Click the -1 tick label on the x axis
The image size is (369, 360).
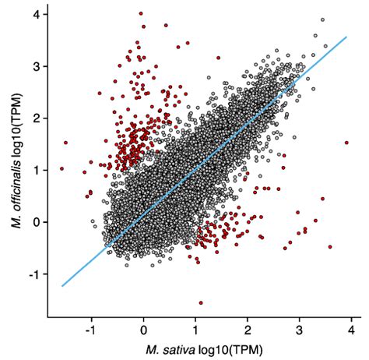91,328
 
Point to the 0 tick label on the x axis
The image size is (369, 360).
144,328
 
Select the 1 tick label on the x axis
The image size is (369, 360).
195,328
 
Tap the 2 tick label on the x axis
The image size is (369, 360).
248,328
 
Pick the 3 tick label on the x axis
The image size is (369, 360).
299,328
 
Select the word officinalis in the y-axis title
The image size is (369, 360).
15,165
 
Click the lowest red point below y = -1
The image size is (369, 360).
201,302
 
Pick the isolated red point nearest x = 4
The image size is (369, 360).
346,143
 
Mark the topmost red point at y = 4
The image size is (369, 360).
140,13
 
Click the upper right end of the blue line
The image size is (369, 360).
346,36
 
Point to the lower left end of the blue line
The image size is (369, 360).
62,286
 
